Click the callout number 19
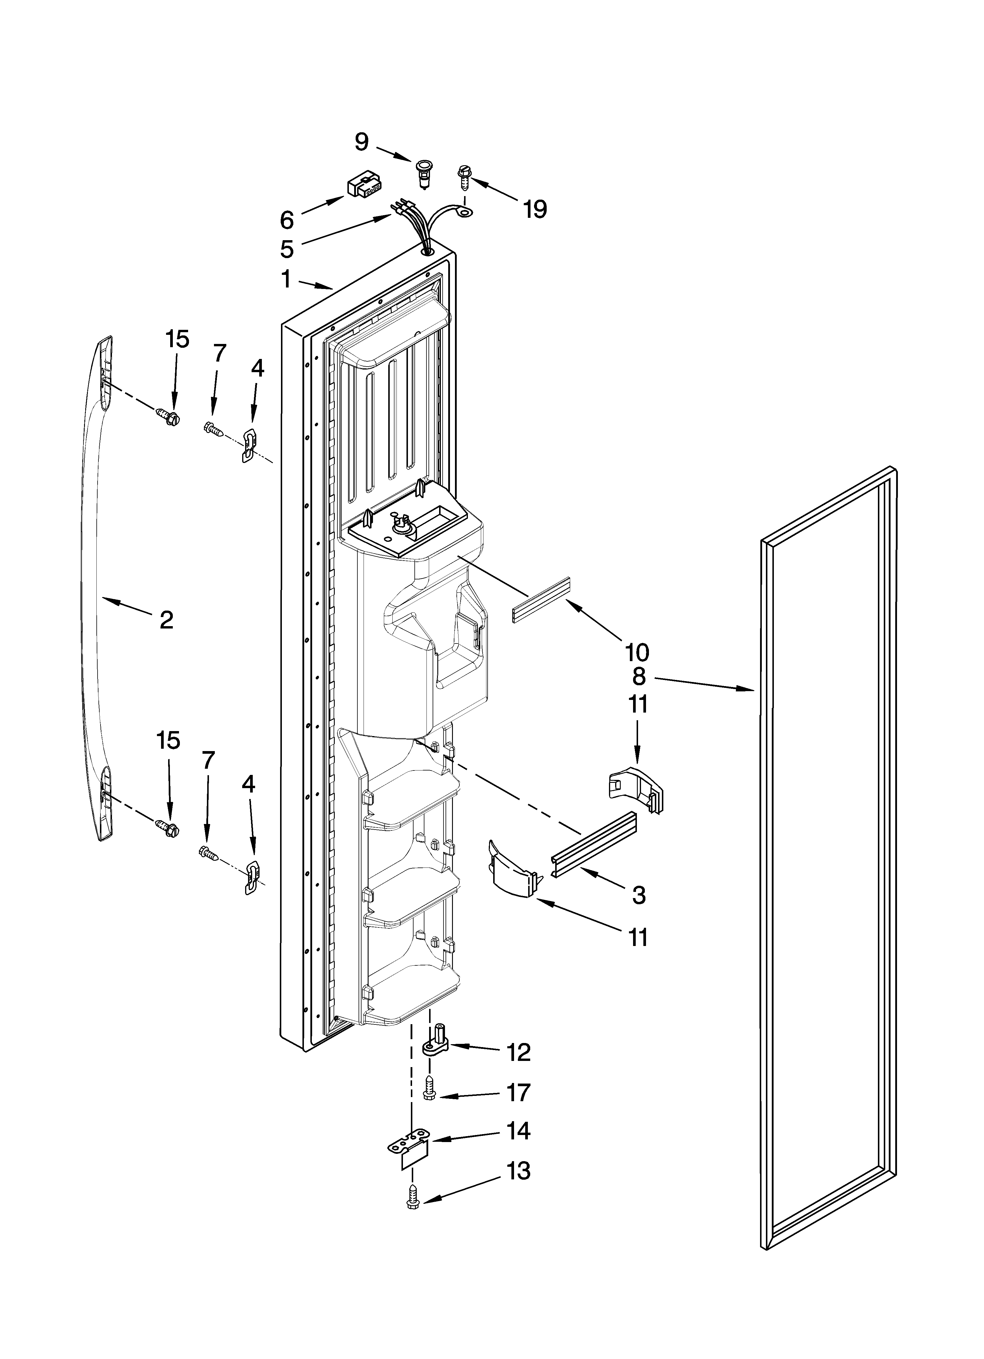coord(535,209)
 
